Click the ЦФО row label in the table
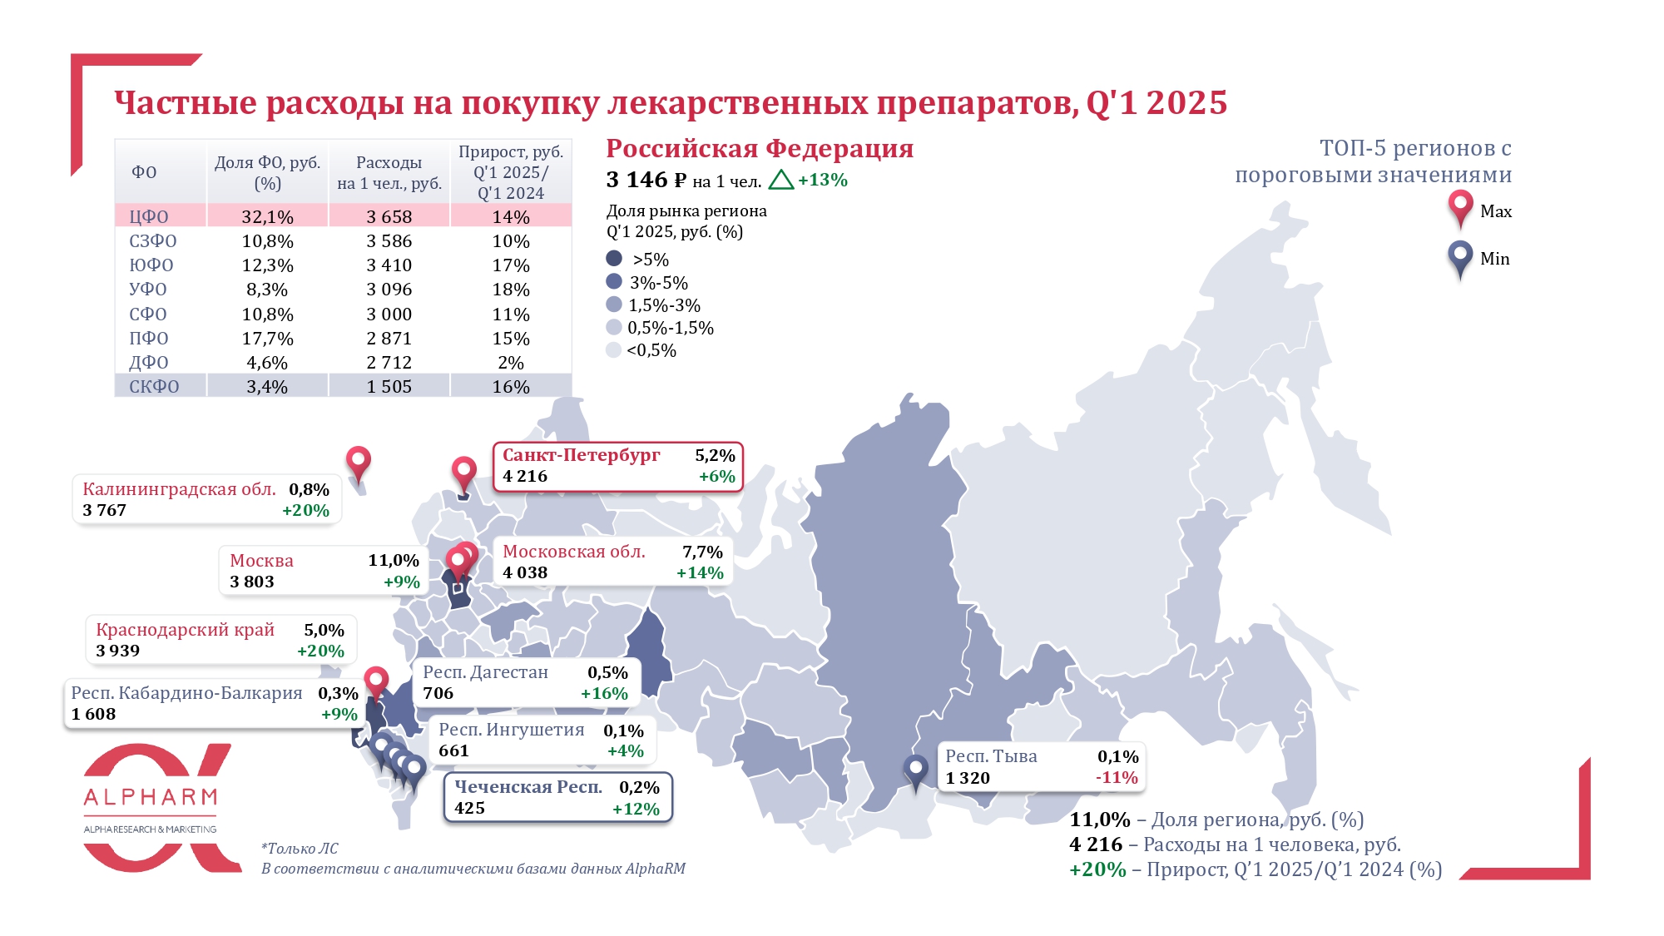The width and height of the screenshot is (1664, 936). click(149, 216)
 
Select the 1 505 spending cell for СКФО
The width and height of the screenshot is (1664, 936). click(389, 386)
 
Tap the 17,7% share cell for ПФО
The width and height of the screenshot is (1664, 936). click(267, 338)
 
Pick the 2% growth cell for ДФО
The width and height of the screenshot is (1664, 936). click(511, 362)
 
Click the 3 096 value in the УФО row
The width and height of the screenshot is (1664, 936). click(389, 289)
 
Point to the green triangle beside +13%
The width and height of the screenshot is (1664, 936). click(780, 180)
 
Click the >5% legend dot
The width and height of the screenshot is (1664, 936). click(614, 259)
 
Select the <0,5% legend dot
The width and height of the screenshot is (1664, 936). click(614, 349)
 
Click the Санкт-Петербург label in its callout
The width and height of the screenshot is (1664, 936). click(581, 455)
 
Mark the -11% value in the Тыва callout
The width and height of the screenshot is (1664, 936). click(1117, 777)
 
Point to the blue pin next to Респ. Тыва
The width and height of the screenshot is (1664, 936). click(915, 770)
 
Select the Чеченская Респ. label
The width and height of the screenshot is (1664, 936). click(527, 787)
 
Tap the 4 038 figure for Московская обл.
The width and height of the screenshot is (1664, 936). click(525, 572)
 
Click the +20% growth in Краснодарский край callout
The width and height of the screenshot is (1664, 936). click(320, 651)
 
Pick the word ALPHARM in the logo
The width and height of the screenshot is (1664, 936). click(151, 797)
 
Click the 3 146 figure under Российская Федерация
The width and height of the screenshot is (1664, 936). click(636, 180)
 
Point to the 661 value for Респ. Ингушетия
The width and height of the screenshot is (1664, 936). click(454, 750)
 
